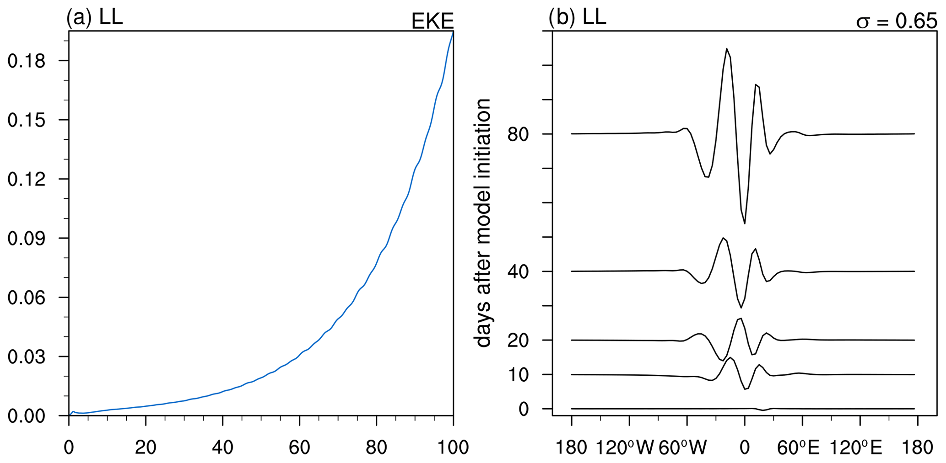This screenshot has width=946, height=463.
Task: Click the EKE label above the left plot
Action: click(432, 21)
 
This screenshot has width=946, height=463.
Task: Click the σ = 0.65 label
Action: click(896, 21)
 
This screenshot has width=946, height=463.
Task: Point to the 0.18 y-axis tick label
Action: click(27, 61)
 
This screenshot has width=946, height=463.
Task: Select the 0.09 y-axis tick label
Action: click(27, 239)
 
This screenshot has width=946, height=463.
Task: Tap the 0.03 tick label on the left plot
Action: click(27, 357)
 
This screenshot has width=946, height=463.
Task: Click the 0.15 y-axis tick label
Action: click(27, 120)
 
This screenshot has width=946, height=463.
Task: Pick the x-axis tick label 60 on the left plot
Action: click(299, 447)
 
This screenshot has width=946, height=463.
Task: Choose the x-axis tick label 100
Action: click(453, 447)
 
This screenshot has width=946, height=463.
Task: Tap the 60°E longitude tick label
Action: click(798, 447)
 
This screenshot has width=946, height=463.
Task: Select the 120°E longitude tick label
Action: click(855, 447)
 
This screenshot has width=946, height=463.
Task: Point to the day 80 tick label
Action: click(518, 135)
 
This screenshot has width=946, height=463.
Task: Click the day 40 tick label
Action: click(518, 272)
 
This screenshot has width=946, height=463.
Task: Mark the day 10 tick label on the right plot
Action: click(518, 375)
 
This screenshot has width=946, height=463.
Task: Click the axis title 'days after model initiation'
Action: click(483, 223)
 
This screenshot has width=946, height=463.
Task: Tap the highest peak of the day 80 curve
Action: click(726, 48)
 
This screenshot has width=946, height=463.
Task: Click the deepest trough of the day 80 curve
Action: click(745, 224)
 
